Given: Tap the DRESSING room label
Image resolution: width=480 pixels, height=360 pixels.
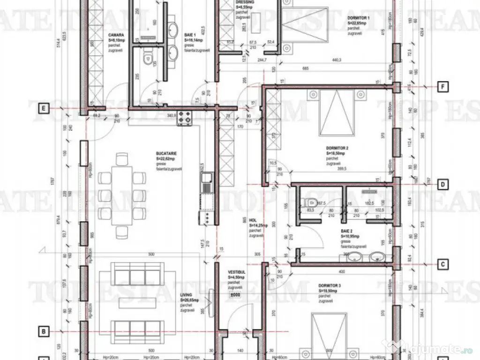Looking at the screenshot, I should coord(244,2).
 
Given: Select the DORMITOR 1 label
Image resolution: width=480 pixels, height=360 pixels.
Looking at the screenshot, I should coord(359,17).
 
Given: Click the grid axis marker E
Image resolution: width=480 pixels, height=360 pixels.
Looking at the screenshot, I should coord(43,109).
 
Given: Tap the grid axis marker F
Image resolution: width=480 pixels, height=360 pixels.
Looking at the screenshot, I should coord(442,86).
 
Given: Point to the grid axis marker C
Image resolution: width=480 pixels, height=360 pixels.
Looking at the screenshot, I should coord(442,264).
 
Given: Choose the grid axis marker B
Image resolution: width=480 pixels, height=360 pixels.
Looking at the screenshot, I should coord(43,331).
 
